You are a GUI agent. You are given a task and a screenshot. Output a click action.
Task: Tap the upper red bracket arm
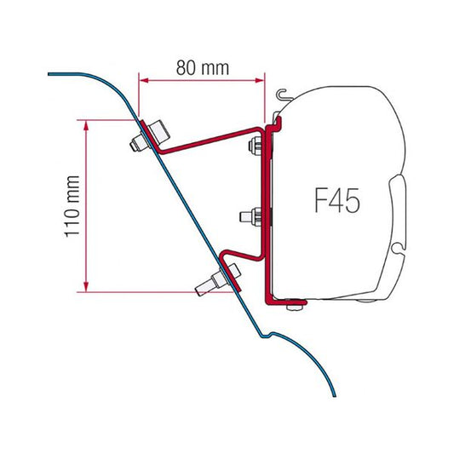213,140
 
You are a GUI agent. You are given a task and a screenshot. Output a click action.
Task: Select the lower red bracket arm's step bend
230,253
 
